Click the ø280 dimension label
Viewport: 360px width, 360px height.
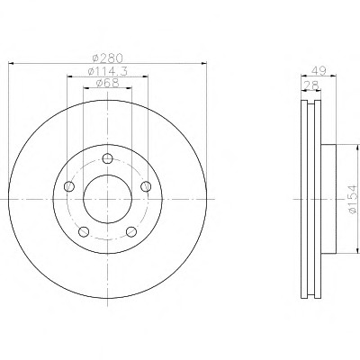tap(108, 58)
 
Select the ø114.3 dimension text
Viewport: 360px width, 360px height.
tap(108, 71)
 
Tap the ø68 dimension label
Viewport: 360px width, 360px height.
tap(108, 83)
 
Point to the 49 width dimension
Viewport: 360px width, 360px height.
tap(319, 71)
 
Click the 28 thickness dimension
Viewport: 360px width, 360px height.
tap(311, 85)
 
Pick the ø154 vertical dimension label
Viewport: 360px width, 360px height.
tap(353, 199)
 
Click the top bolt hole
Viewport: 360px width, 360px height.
tap(107, 158)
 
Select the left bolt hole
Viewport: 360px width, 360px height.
tap(69, 186)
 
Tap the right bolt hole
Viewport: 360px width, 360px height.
tap(146, 186)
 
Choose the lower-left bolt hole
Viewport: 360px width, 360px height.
tap(84, 231)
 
